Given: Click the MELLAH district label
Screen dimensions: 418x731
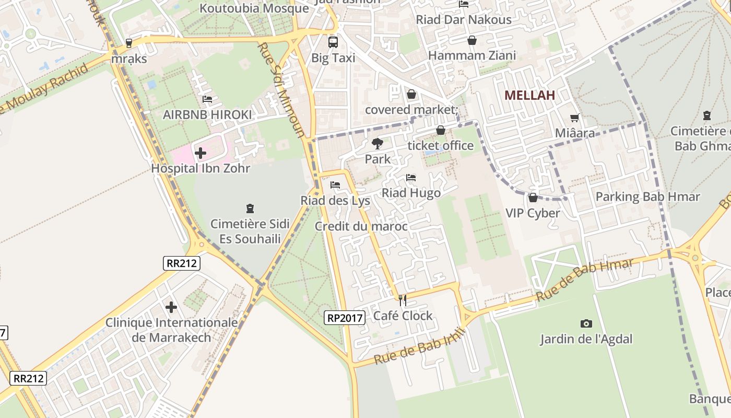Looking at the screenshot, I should point(529,95).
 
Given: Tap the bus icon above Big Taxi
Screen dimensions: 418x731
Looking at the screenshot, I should point(333,42).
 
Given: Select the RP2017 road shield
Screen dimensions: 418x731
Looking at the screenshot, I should point(344,317).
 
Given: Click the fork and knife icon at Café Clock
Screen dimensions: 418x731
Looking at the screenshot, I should point(403,300).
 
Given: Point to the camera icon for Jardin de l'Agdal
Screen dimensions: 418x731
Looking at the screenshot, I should point(586,323).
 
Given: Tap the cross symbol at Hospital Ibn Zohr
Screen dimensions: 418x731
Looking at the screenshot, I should point(201,153).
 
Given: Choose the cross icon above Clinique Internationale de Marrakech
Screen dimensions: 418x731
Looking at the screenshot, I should point(171,307).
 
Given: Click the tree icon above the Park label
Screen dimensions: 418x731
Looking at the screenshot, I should point(377,144).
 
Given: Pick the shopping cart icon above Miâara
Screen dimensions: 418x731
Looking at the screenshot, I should point(575,118).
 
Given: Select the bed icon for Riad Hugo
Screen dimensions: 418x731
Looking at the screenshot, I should point(411,178).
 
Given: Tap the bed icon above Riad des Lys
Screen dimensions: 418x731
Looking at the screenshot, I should point(335,185).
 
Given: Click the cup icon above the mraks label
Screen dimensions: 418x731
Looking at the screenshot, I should point(129,43).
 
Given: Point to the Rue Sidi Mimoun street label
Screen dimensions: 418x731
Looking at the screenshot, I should point(280,90).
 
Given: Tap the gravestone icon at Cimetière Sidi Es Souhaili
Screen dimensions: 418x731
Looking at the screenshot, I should point(250,208).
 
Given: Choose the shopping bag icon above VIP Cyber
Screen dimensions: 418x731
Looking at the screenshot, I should point(533,198).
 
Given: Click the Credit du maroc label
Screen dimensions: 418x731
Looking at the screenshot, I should point(361,226).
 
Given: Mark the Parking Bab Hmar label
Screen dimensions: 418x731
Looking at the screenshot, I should point(647,197).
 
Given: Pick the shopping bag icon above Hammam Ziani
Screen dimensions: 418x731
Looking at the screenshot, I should point(472,40).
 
